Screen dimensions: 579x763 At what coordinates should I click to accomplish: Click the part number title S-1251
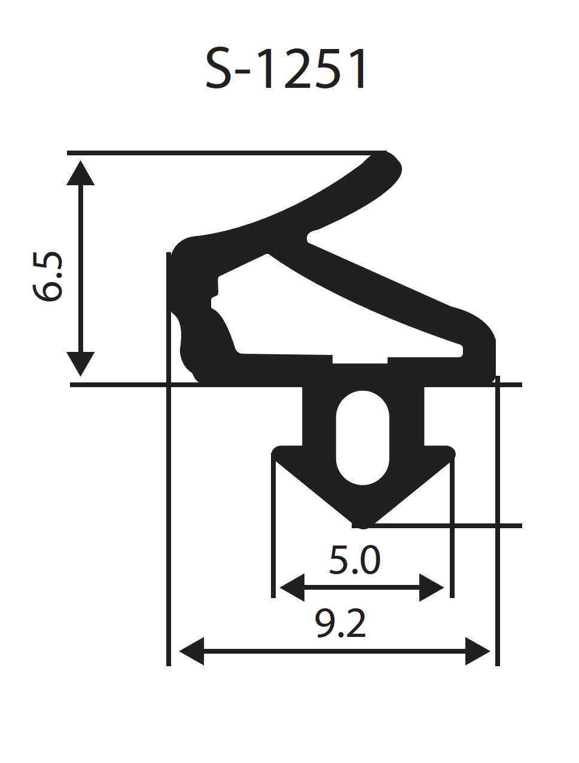(286, 69)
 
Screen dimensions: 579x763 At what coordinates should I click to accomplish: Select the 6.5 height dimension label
(48, 276)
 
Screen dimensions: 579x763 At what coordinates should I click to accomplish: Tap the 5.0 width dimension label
(355, 560)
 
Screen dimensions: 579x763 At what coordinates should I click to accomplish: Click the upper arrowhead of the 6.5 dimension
(80, 173)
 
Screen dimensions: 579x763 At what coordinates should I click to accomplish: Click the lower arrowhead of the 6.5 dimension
(80, 364)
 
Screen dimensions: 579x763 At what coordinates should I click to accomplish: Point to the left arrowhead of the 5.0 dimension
(292, 588)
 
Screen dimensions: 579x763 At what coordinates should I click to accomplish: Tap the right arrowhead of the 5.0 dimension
(431, 588)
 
